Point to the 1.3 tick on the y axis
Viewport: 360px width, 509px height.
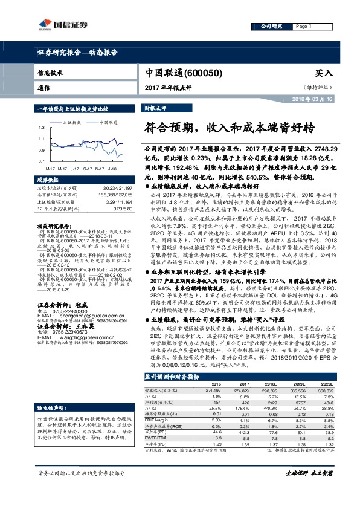[x=42, y=128]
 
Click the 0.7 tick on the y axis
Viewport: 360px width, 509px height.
[x=42, y=161]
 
